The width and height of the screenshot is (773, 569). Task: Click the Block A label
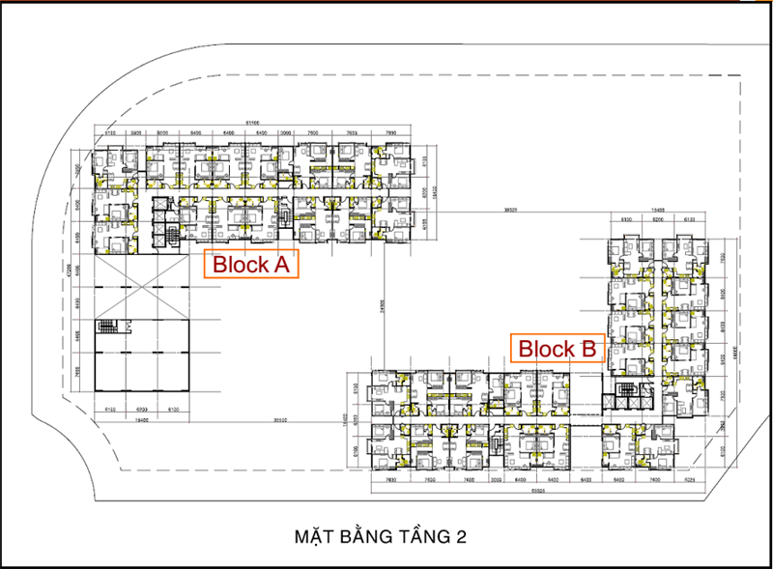click(x=251, y=264)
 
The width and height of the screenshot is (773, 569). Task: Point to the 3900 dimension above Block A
click(x=136, y=133)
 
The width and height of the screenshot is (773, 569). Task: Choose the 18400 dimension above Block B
click(x=657, y=209)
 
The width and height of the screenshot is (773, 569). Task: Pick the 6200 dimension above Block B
click(x=657, y=219)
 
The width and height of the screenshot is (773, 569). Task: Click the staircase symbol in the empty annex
click(x=108, y=327)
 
